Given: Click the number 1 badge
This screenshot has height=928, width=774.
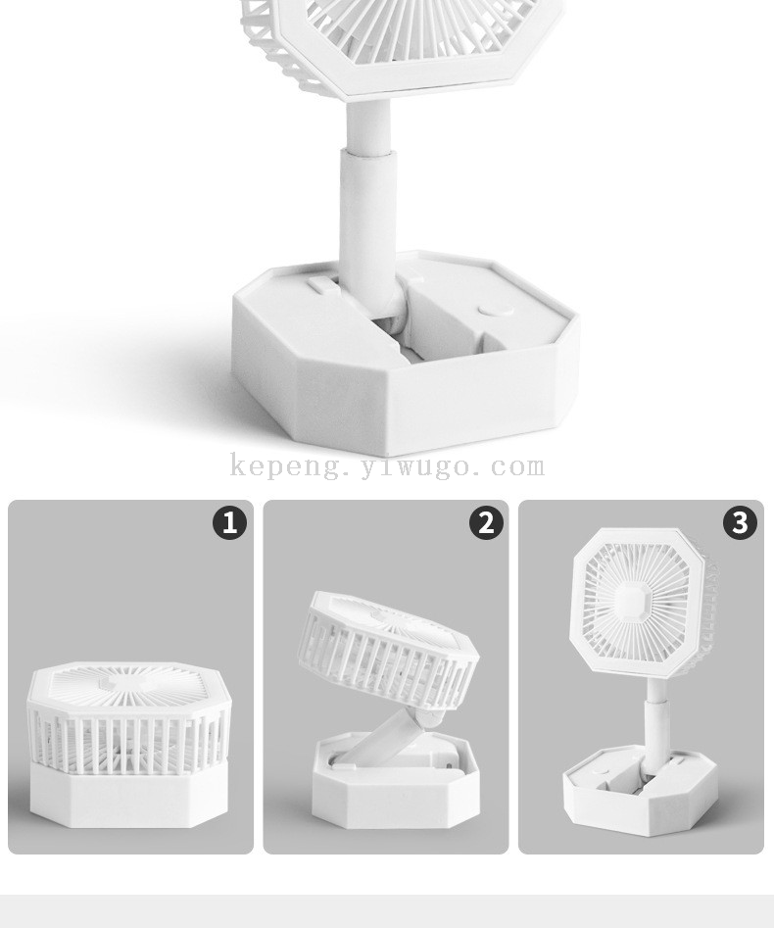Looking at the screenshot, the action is [x=229, y=522].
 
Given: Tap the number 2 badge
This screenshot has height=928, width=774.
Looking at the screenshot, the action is [x=486, y=522].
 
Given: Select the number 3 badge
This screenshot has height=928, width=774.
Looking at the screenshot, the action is [x=740, y=522].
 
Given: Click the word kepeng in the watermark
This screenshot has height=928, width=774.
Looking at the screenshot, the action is [x=285, y=466].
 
